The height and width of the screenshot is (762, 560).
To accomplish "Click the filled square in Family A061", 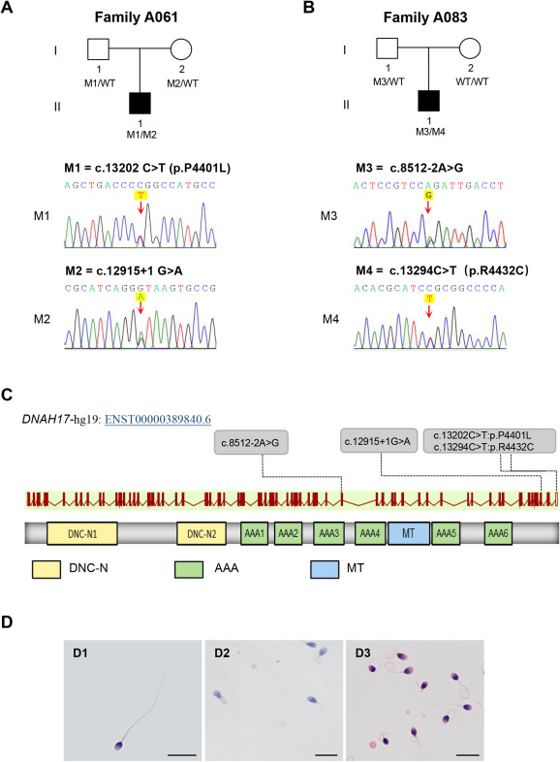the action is point(140,103).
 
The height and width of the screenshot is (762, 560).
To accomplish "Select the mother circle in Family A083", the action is point(470,48).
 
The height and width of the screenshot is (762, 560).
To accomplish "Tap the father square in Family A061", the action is point(98,49).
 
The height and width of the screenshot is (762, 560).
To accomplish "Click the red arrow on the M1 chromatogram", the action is point(140,207).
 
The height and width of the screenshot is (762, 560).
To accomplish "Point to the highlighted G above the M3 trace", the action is point(428,196).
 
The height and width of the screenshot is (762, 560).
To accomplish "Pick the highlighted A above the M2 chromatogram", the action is point(140,297).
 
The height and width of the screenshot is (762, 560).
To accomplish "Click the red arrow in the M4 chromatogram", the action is point(428,310).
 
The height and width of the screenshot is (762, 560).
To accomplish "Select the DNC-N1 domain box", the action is point(82,533).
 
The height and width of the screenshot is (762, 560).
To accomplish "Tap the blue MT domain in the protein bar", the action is point(409,533).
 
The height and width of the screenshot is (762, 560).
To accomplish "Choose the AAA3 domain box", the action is point(328,533).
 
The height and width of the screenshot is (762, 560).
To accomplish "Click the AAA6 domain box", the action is point(498,533).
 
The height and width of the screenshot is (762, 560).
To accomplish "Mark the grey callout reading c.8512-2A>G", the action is point(251,442).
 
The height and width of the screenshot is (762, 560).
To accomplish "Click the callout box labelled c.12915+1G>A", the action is point(379,441).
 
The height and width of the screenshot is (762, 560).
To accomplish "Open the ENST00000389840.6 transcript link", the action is point(158,419).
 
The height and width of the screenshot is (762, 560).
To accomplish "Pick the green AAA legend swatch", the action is point(189,569).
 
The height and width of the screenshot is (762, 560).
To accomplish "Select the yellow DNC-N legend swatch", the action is point(47,569).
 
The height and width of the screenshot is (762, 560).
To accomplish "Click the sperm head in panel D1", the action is point(118,746).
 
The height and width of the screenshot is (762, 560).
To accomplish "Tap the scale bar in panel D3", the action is point(468,755).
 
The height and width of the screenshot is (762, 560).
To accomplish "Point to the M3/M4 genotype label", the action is point(430,132).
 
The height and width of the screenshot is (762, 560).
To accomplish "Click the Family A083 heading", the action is point(425,17).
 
